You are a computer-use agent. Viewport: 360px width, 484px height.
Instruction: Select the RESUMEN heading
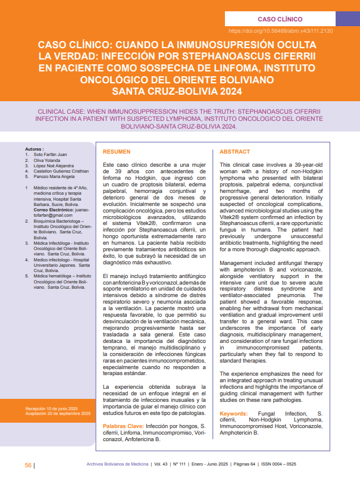pos(117,152)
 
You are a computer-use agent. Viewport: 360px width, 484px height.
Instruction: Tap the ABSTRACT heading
pos(234,152)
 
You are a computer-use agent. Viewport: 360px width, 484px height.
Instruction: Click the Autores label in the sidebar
pos(35,149)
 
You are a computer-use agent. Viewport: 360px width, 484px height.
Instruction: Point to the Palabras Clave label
pos(122,427)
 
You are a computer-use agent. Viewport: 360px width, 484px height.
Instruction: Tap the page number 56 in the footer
pos(28,465)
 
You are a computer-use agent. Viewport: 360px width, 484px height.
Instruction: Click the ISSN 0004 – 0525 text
pos(279,465)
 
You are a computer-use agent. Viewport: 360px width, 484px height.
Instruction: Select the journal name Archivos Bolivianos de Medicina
pos(117,465)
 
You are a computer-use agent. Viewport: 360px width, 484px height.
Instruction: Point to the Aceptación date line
pos(58,413)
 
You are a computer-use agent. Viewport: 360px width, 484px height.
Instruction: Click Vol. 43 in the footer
pos(161,465)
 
